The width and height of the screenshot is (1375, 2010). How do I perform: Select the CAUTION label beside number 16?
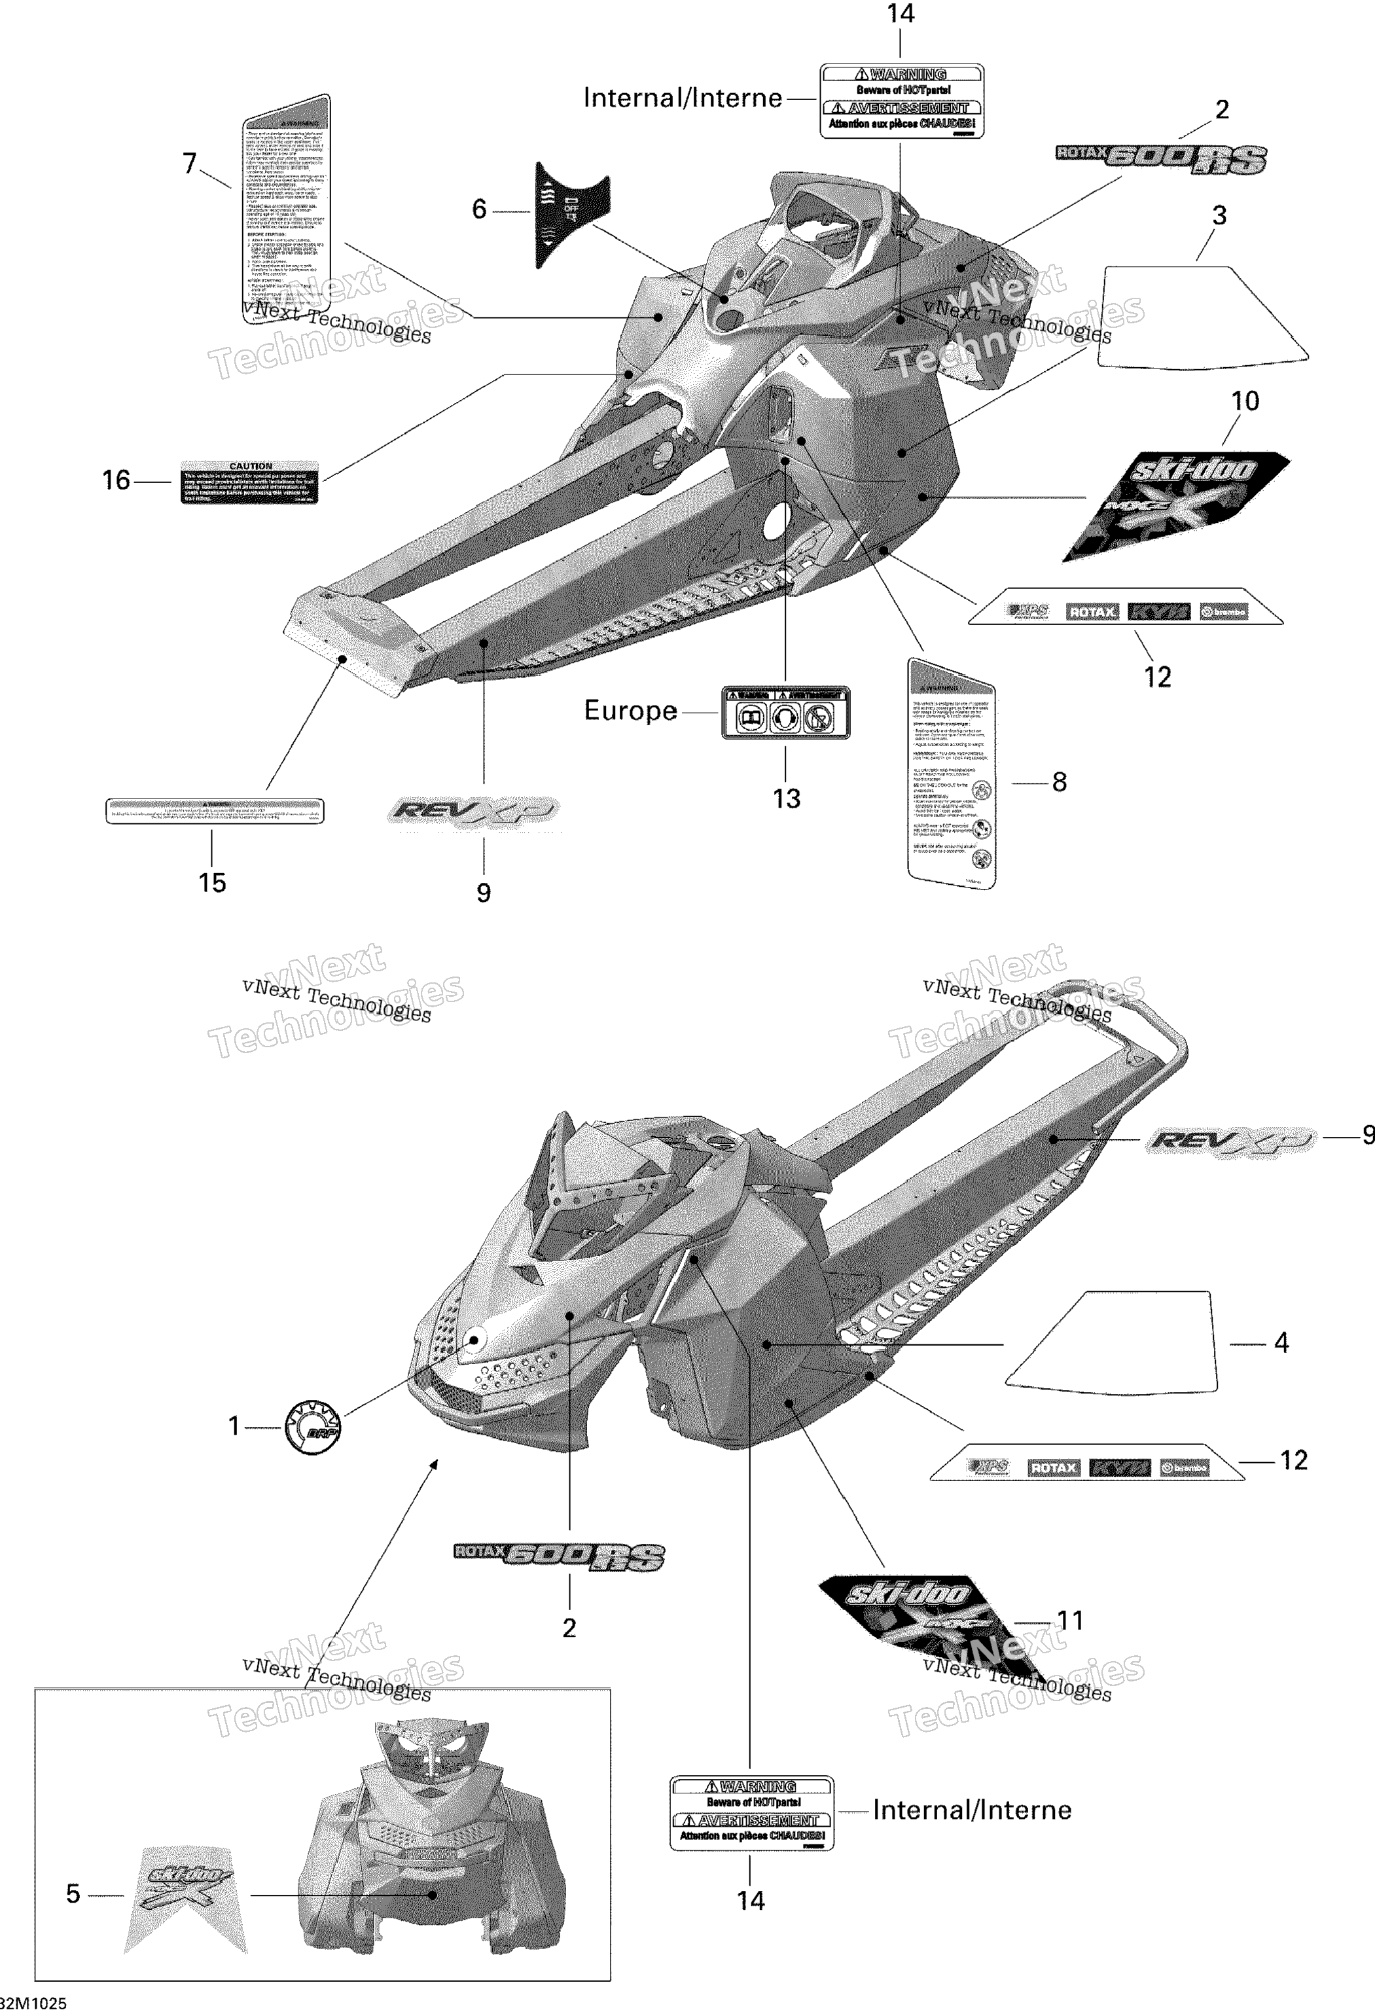coord(249,482)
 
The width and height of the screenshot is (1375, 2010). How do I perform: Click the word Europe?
coord(630,711)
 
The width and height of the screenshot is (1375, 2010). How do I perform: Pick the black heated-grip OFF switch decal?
coord(571,213)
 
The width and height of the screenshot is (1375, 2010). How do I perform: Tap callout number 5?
coord(73,1894)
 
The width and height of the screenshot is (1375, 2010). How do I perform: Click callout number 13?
coord(786,799)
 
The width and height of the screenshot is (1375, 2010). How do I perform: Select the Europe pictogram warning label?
coord(785,713)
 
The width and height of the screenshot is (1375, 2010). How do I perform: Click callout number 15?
coord(212,883)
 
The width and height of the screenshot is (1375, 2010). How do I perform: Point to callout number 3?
coord(1219,215)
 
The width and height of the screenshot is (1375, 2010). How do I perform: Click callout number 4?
coord(1281,1343)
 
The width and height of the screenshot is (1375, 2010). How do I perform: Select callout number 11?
coord(1071,1621)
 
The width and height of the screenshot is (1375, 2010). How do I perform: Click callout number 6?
coord(479,209)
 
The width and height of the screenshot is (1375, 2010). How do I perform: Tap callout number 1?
coord(234,1426)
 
